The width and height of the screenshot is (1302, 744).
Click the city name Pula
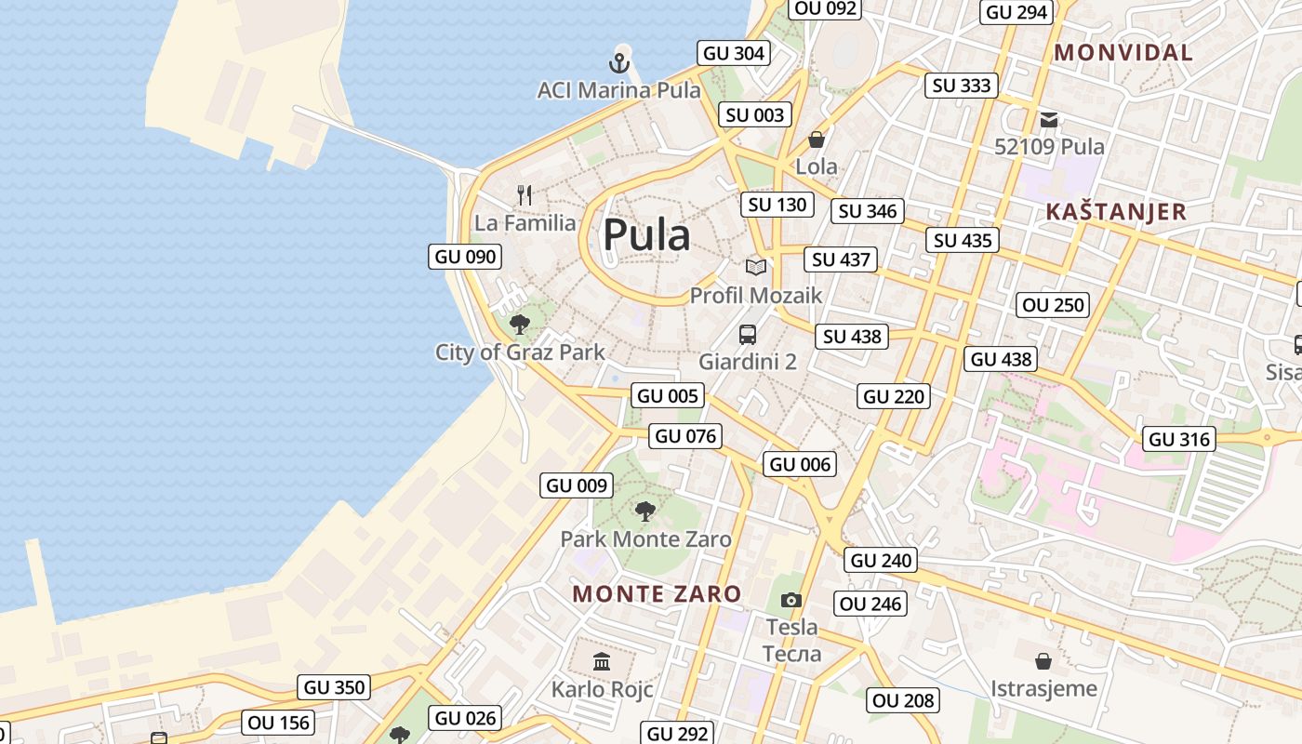[646, 235]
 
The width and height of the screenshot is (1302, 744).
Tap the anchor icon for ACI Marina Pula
[619, 63]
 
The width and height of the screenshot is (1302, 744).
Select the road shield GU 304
[735, 53]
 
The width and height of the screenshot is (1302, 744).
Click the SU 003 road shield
[755, 115]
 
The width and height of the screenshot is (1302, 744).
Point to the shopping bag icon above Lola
[817, 139]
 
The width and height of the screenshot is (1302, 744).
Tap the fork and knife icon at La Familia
[525, 195]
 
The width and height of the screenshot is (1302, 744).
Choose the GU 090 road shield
[465, 257]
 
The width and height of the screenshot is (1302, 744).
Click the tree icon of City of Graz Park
[520, 325]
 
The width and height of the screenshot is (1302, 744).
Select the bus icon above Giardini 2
[748, 335]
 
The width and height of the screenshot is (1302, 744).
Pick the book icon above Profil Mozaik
[756, 268]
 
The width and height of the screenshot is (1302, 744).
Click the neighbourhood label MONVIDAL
[1123, 53]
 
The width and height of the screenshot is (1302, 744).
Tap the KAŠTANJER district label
[1116, 212]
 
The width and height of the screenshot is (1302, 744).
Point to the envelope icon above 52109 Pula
[1049, 119]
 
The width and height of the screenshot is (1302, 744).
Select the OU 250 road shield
[1054, 305]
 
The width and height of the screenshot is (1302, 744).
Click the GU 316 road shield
[1180, 439]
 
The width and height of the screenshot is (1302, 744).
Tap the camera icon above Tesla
[791, 600]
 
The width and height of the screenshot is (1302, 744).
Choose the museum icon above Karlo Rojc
[602, 662]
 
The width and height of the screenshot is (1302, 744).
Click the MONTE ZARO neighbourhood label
[657, 594]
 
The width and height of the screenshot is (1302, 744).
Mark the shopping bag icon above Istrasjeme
[1043, 661]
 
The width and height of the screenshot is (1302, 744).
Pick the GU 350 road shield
[335, 687]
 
